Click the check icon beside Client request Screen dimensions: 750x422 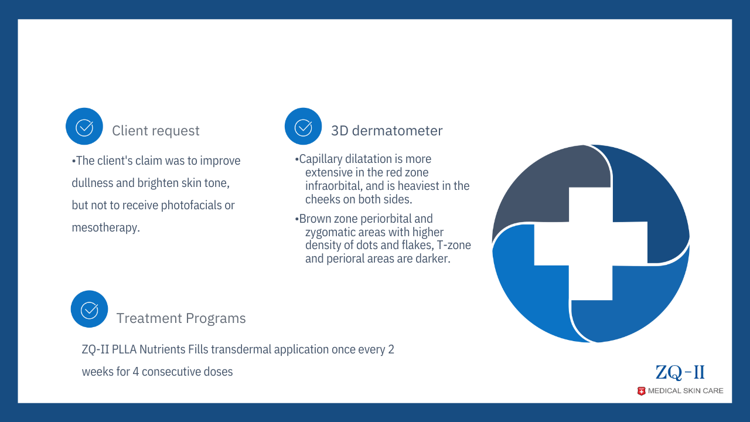click(x=84, y=126)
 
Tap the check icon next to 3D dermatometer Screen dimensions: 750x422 click(x=303, y=126)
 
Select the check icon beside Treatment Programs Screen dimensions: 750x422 click(x=90, y=309)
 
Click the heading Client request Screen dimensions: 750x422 click(x=156, y=131)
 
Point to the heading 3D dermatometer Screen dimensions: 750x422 click(x=387, y=131)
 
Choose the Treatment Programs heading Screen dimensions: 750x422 click(x=181, y=318)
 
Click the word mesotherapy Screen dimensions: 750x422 click(x=106, y=228)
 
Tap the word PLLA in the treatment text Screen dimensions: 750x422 click(x=124, y=349)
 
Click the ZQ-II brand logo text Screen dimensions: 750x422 click(x=680, y=372)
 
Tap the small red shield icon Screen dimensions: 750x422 click(x=641, y=391)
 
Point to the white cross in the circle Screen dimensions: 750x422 click(x=591, y=243)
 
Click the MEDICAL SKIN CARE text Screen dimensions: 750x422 click(x=686, y=391)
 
